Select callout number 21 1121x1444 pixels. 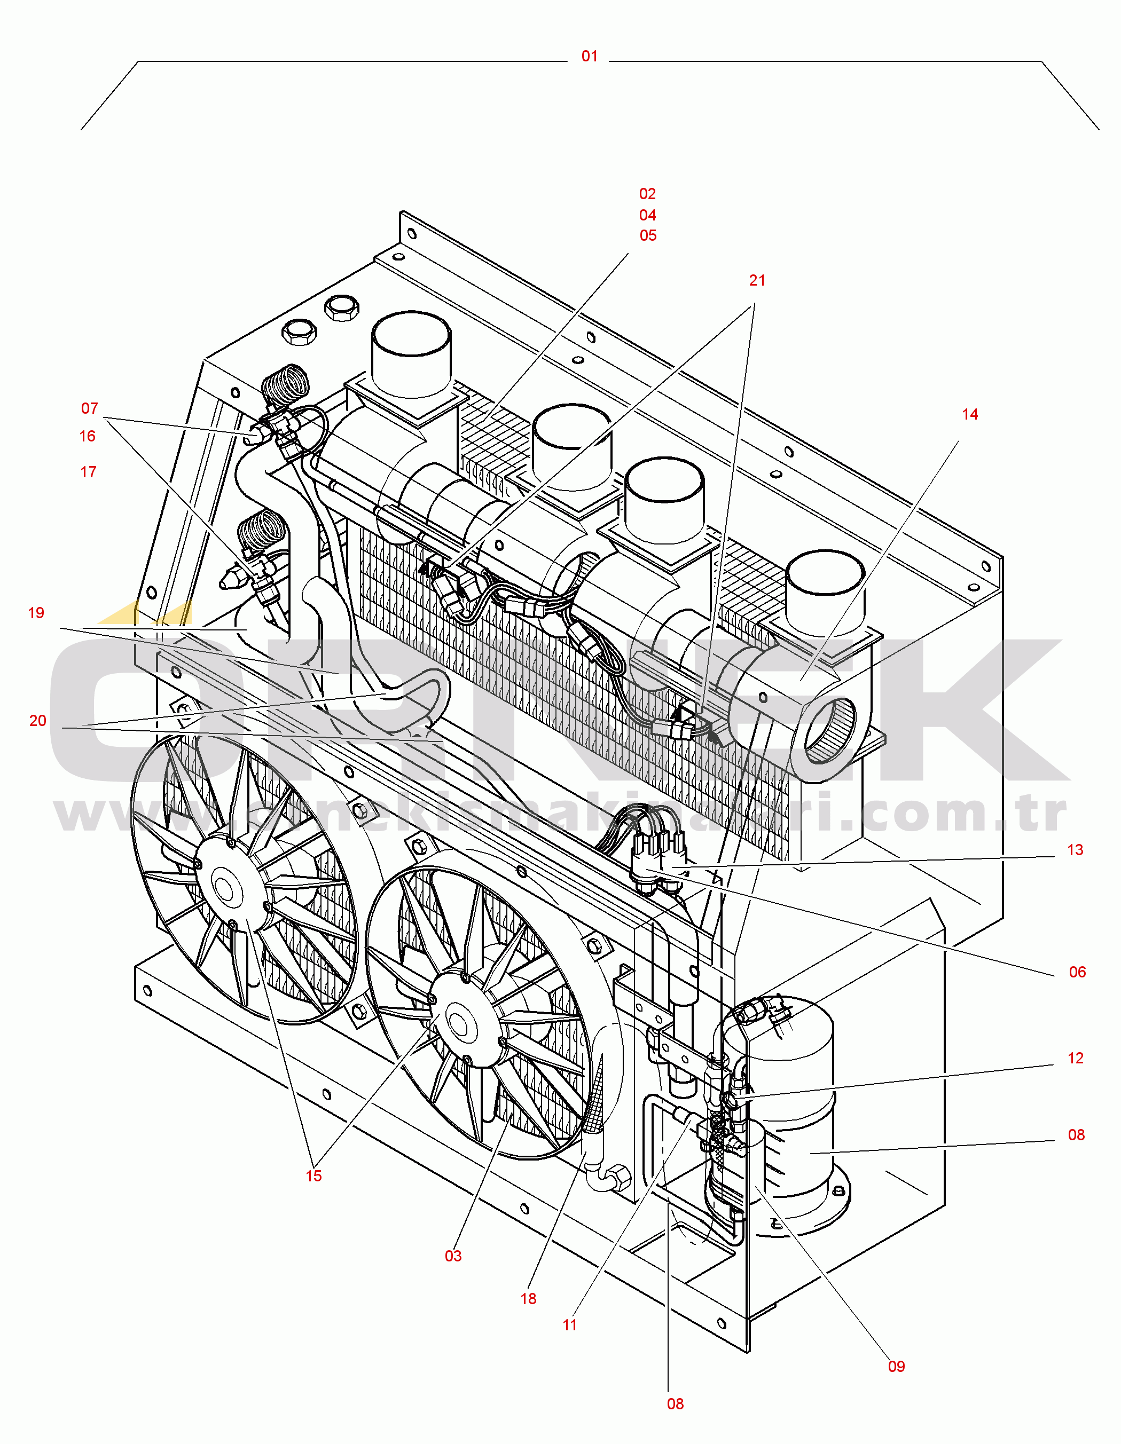tap(757, 280)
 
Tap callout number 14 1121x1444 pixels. tap(969, 415)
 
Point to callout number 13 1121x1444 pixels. tap(1075, 850)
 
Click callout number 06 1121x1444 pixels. tap(1077, 972)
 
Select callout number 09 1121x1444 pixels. tap(896, 1366)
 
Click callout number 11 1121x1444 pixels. tap(569, 1325)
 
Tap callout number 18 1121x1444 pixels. tap(528, 1299)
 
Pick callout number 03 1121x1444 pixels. tap(453, 1256)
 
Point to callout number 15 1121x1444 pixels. tap(313, 1175)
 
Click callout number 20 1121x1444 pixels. tap(38, 721)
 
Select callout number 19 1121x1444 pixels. tap(36, 613)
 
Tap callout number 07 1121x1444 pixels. tap(89, 408)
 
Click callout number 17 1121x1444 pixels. tap(88, 472)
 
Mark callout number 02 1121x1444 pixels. tap(647, 194)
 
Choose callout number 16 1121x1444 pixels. tap(87, 436)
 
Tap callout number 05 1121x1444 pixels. tap(647, 235)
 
